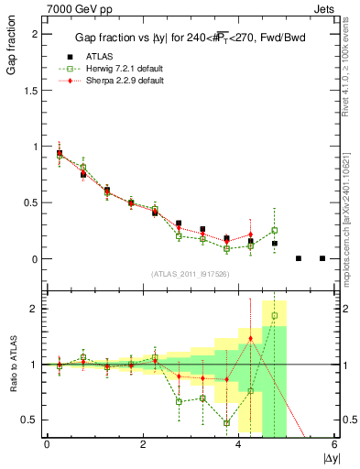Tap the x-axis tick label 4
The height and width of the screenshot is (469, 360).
coord(239,444)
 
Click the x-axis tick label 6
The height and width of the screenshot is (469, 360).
coord(335,444)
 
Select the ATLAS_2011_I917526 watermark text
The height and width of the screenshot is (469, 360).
coord(191,274)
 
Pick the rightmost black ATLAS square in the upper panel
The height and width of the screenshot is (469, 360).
coord(322,258)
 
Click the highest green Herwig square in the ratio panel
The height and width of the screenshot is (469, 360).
coord(275,316)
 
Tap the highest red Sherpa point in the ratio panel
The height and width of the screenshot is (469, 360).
coord(251,339)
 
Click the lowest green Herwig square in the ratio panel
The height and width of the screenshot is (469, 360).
coord(226,423)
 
